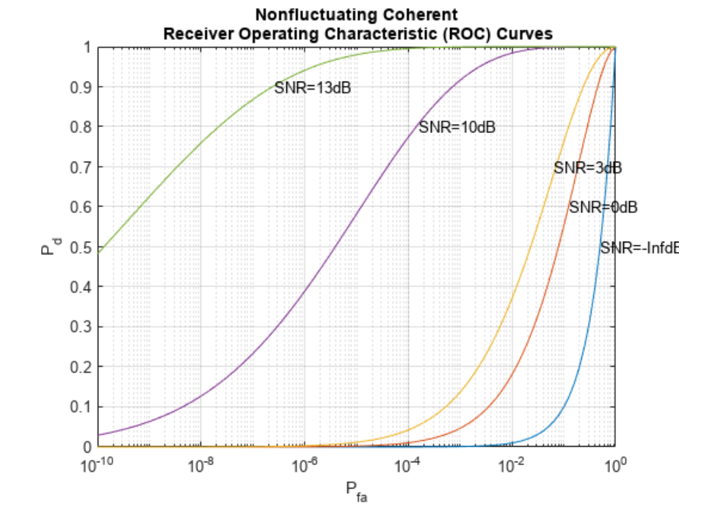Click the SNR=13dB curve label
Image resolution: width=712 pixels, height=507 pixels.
(x=312, y=87)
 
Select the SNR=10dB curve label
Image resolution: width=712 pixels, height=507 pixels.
(x=457, y=127)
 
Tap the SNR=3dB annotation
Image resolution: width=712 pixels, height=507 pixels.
(x=587, y=168)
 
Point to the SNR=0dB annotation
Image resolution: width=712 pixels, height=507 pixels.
(x=603, y=207)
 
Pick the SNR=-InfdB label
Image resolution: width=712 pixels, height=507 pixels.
(x=638, y=248)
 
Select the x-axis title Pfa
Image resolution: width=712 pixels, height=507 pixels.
(x=356, y=489)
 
